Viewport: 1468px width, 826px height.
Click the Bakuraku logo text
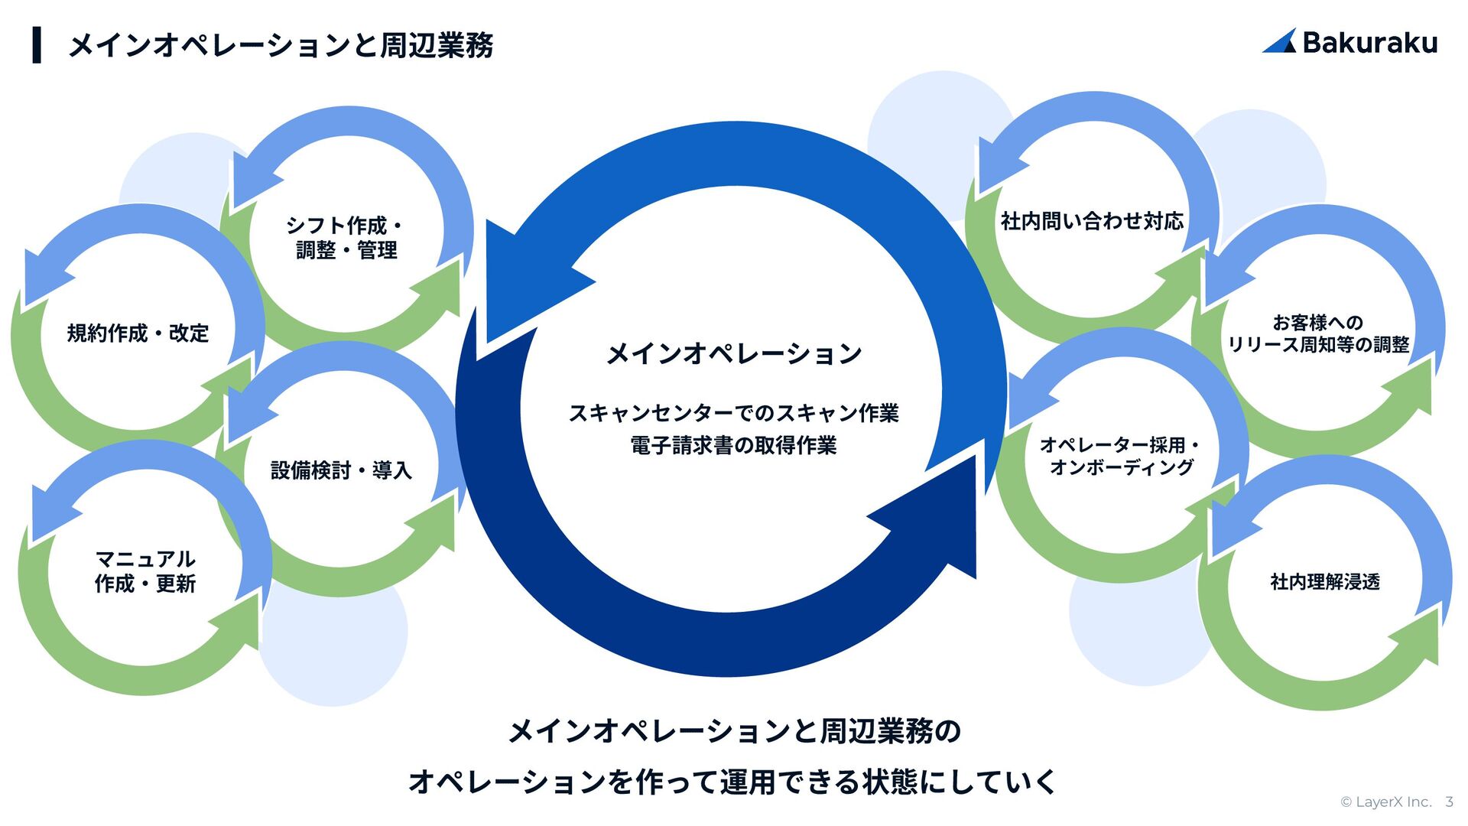tap(1369, 43)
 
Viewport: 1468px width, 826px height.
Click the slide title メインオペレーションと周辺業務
tap(281, 45)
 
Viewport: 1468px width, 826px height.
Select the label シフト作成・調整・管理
tap(346, 238)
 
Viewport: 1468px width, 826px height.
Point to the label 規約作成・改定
tap(138, 333)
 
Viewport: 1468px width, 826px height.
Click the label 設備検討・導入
tap(341, 470)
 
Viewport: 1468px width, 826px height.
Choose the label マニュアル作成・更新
tap(145, 571)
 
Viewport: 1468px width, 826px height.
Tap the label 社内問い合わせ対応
tap(1092, 222)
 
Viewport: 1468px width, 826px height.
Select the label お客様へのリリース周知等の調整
tap(1318, 333)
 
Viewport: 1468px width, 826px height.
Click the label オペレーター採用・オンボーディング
tap(1121, 456)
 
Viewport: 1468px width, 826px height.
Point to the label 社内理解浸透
tap(1325, 582)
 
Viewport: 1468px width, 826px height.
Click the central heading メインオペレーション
tap(734, 353)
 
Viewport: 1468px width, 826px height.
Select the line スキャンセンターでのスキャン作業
tap(734, 414)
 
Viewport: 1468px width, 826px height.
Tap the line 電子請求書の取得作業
tap(734, 446)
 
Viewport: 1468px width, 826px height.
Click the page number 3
tap(1449, 802)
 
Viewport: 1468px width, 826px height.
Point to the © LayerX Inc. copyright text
tap(1385, 802)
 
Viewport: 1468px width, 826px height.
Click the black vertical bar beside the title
tap(37, 45)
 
